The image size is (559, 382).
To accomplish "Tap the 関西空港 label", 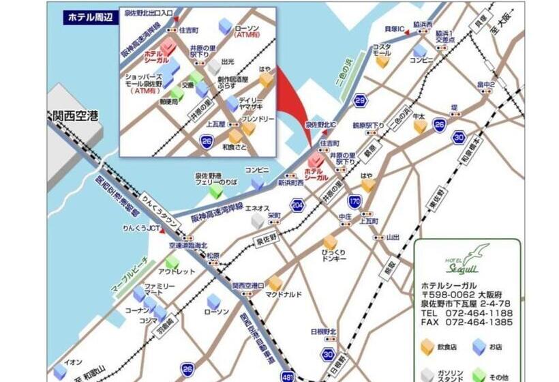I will (x=73, y=117).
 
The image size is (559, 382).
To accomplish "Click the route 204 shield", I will (x=297, y=205).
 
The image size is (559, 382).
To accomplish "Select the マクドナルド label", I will (x=284, y=295).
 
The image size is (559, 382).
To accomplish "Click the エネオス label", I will (x=257, y=208).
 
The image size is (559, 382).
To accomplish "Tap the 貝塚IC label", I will (x=395, y=29).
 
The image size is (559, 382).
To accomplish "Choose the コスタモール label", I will (x=381, y=50).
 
